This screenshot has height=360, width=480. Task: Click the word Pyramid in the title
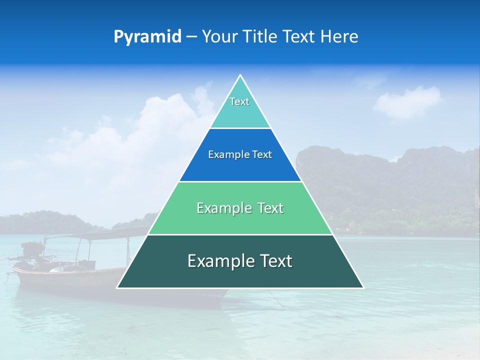coord(147,36)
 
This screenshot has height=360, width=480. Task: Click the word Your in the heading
coord(218,36)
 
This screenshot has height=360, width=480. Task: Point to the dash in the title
coord(191,37)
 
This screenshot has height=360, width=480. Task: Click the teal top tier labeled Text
coord(240,110)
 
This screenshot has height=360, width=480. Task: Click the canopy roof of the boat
coord(100,233)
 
